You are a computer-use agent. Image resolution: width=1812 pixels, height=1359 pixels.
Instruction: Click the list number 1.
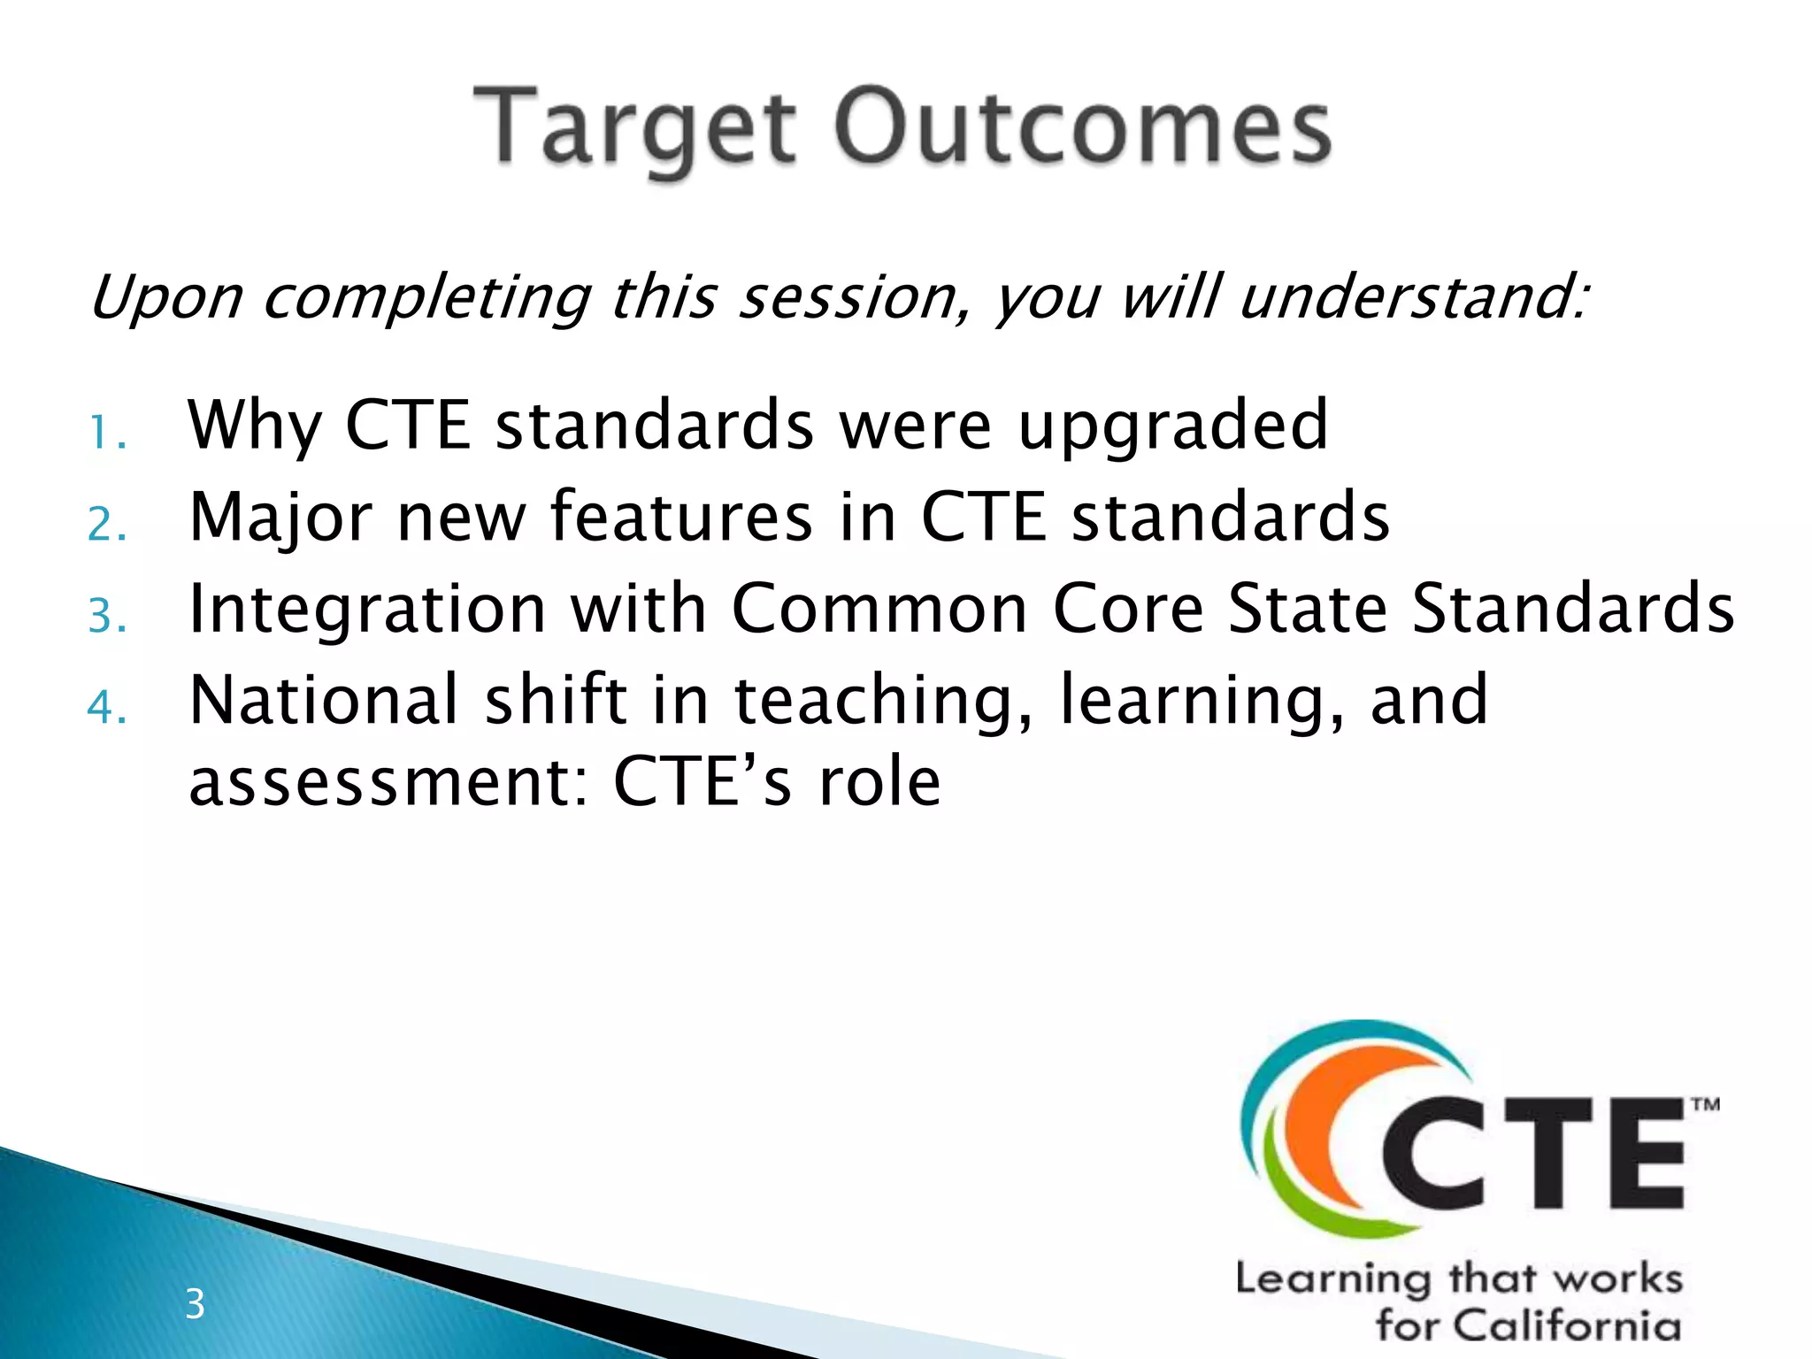[x=107, y=434]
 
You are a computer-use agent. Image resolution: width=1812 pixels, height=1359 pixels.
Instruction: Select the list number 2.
[x=107, y=526]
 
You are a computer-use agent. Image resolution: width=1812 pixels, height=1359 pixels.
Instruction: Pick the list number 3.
[x=107, y=617]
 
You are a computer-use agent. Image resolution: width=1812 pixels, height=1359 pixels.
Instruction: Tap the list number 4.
[x=107, y=708]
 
